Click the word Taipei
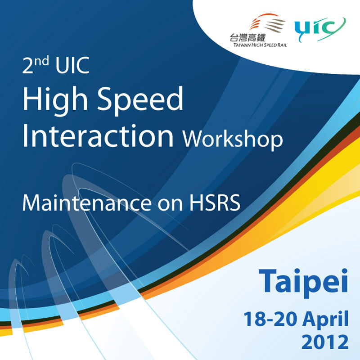pyautogui.click(x=303, y=283)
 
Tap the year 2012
pyautogui.click(x=325, y=342)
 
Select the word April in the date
pyautogui.click(x=325, y=319)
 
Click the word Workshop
pyautogui.click(x=233, y=139)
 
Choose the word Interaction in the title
pyautogui.click(x=98, y=136)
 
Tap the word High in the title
pyautogui.click(x=55, y=100)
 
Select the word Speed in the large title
pyautogui.click(x=140, y=100)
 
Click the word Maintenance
pyautogui.click(x=87, y=203)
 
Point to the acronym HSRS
pyautogui.click(x=215, y=203)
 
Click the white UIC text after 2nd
pyautogui.click(x=72, y=65)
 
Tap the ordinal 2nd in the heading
pyautogui.click(x=36, y=65)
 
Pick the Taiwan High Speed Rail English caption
pyautogui.click(x=260, y=45)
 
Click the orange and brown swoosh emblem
pyautogui.click(x=267, y=23)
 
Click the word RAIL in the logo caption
pyautogui.click(x=282, y=45)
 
